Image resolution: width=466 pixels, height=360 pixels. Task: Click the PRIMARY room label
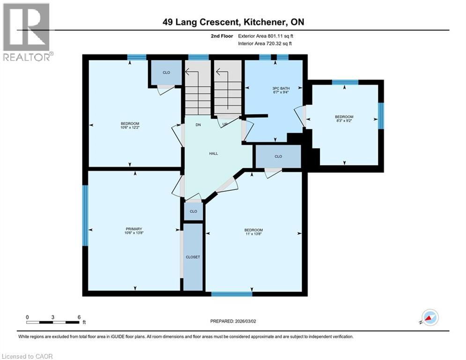point(134,229)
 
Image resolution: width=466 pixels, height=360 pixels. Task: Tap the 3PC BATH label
point(281,89)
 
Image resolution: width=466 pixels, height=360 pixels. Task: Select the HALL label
point(214,154)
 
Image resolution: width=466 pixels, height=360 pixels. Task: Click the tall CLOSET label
point(193,257)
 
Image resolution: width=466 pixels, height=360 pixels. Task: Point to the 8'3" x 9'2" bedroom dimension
point(344,121)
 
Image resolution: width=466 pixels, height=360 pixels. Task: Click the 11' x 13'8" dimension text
point(253,234)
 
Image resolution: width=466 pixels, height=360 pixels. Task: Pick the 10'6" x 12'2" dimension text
point(130,127)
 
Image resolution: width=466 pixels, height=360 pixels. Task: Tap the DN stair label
point(198,125)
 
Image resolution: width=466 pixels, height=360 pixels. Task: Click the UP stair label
point(225,124)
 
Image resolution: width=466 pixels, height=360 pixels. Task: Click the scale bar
point(52,322)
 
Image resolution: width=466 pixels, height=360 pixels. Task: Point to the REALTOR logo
point(28,32)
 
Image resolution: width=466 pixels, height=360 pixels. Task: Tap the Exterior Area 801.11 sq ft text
point(266,36)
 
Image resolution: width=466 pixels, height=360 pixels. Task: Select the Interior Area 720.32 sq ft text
point(265,44)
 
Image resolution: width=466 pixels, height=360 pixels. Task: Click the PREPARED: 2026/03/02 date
point(233,321)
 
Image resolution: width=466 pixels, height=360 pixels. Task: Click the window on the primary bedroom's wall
point(85,216)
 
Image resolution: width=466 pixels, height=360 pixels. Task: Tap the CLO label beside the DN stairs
point(166,73)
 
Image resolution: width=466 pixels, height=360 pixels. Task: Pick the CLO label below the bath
point(278,157)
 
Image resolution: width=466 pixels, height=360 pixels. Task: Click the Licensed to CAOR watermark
point(27,356)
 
